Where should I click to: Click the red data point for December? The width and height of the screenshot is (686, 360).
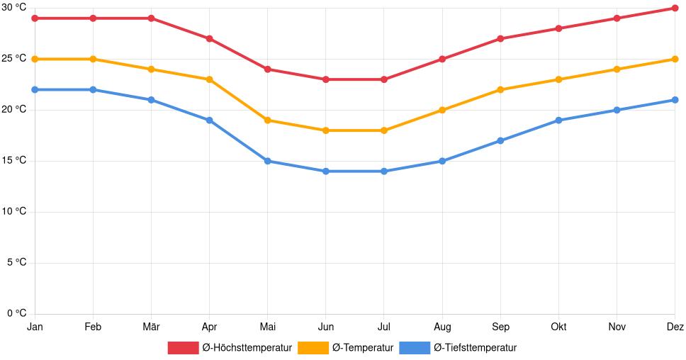coord(675,9)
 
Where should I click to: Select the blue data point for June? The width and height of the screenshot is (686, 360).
coord(326,171)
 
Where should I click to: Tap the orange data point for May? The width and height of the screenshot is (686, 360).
coord(268,120)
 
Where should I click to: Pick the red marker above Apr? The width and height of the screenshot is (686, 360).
coord(210,39)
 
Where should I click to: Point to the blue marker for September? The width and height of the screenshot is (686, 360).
coord(500,140)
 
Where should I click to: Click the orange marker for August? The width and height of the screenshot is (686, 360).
coord(442,110)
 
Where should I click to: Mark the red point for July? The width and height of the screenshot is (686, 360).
coord(384,79)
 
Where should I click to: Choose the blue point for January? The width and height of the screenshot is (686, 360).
coord(35,89)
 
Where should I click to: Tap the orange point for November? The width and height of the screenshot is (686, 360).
coord(617,69)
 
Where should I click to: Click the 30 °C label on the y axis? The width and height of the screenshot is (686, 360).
coord(13,7)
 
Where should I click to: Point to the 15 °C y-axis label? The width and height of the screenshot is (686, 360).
coord(13,160)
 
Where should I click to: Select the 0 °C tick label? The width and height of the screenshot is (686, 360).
coord(16,313)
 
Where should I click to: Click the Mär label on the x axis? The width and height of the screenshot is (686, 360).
coord(151,327)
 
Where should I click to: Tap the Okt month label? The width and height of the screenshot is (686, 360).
coord(558,327)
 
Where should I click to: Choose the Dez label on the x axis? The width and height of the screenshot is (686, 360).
coord(675,327)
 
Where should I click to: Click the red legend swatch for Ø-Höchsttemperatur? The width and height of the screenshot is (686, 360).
coord(183,347)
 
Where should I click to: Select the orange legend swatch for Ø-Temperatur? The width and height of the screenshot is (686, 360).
coord(313,347)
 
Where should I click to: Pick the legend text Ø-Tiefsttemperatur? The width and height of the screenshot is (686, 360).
coord(475,347)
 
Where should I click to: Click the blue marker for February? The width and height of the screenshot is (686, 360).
coord(93,89)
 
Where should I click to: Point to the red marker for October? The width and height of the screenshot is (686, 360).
coord(558,28)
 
